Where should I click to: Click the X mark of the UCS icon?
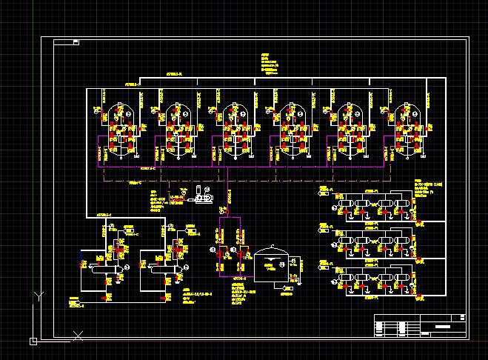click(78, 336)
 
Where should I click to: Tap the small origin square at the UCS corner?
click(33, 341)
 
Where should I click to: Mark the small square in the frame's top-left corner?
click(75, 42)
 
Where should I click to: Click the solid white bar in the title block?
click(443, 326)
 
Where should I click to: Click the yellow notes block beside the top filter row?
click(427, 188)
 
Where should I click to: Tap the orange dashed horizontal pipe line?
click(244, 179)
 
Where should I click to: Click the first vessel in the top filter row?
click(344, 205)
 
